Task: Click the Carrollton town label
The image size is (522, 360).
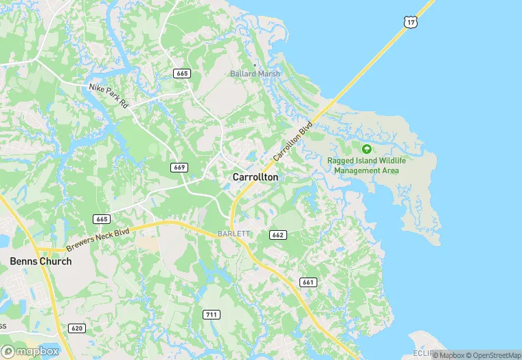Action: click(256, 177)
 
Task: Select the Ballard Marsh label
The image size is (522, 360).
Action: click(256, 74)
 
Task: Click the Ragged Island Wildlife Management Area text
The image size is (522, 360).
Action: click(367, 166)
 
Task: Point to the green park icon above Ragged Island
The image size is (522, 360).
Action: click(367, 148)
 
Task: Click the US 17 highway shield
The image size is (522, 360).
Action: click(411, 23)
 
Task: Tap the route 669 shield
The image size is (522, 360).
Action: click(179, 167)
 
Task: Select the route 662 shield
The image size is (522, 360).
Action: click(277, 234)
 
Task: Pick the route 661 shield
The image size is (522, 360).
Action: click(308, 282)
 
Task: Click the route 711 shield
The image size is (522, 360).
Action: click(212, 314)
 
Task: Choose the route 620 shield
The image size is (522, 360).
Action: click(77, 328)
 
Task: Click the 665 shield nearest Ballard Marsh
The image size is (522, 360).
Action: click(182, 74)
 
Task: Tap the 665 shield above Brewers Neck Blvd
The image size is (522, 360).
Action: click(102, 218)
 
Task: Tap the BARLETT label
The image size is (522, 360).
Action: click(234, 234)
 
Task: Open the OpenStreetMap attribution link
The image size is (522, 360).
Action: click(493, 355)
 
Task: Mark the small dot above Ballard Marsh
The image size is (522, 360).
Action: click(255, 65)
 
